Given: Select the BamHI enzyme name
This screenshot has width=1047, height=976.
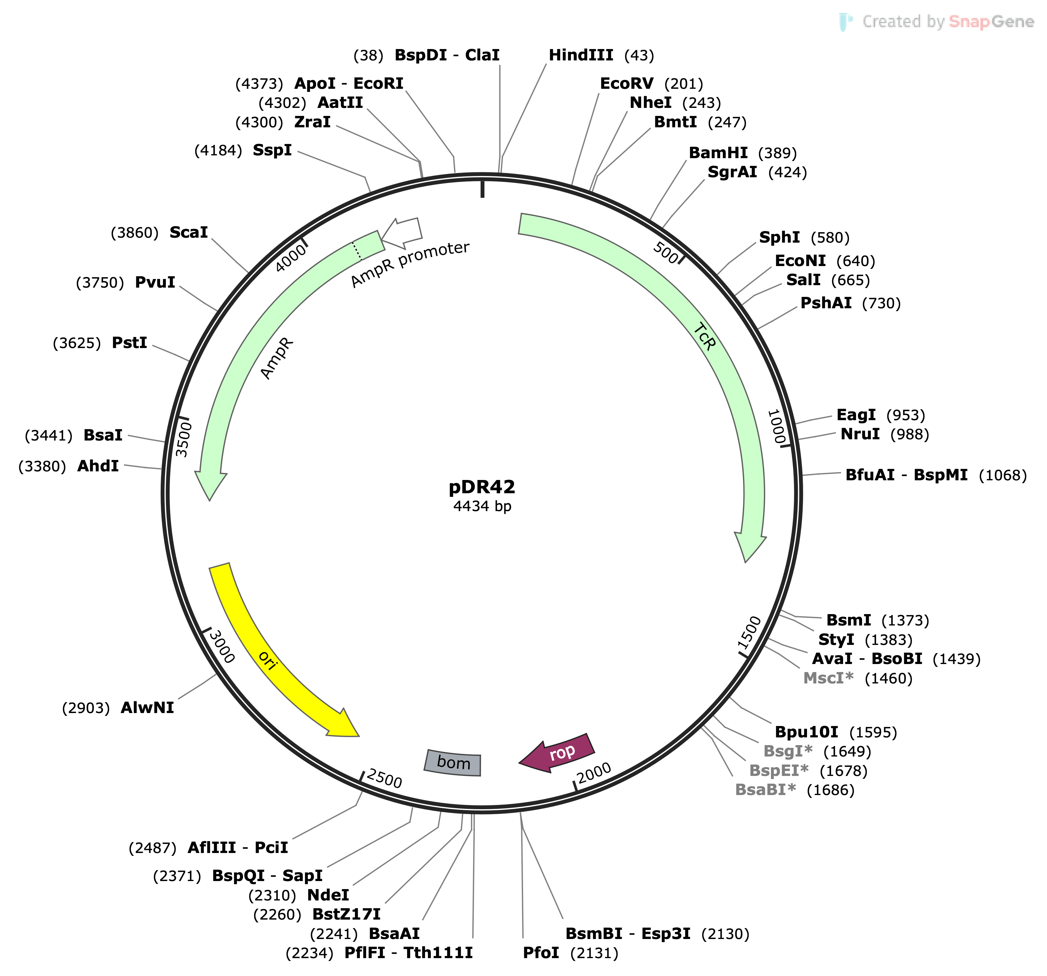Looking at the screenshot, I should (718, 153).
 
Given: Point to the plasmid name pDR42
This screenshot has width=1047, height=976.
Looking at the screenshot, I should (482, 487).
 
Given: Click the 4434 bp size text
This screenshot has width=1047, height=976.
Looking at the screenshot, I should (482, 506).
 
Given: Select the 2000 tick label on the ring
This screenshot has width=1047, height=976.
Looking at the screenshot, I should (594, 773).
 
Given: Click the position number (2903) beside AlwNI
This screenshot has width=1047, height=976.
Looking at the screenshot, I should (86, 708).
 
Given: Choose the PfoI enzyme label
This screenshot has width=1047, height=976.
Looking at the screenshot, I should (541, 953).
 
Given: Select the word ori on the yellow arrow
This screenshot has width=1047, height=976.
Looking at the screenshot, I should (268, 660).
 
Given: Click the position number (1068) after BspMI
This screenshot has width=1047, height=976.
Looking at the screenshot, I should (1002, 475).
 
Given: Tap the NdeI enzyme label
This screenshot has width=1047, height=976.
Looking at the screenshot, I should (328, 895).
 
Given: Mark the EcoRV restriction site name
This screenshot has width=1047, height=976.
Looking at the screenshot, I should (627, 84).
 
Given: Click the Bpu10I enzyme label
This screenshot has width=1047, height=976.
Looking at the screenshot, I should (806, 732).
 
